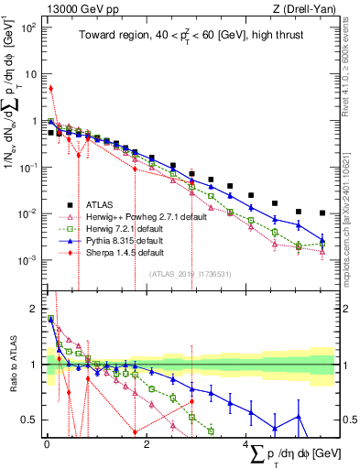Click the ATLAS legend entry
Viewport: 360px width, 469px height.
tap(101, 204)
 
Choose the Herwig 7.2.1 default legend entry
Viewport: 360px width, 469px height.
tap(125, 228)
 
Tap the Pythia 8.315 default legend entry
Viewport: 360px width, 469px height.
tap(126, 240)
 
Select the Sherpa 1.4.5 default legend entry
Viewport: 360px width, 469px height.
tap(126, 252)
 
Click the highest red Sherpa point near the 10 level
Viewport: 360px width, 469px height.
tap(50, 89)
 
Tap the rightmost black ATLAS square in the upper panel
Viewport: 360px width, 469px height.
tap(322, 213)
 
